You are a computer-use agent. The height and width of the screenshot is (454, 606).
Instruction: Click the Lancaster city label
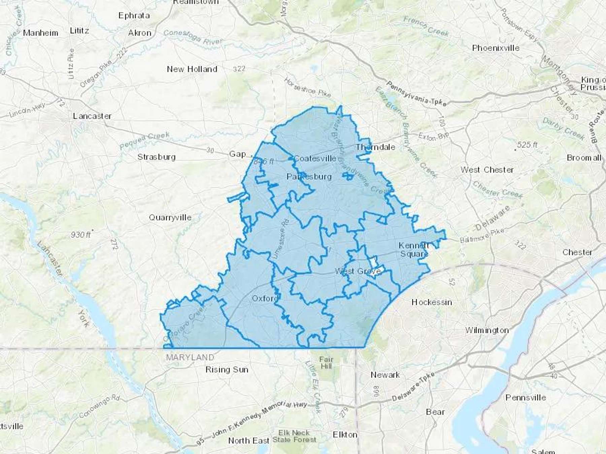pyautogui.click(x=92, y=116)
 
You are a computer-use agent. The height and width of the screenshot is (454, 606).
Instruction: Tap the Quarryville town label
pyautogui.click(x=170, y=218)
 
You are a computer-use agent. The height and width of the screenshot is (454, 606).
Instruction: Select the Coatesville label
pyautogui.click(x=315, y=158)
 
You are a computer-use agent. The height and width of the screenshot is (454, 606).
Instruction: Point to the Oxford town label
pyautogui.click(x=265, y=298)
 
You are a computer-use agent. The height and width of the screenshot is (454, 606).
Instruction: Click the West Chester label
pyautogui.click(x=487, y=170)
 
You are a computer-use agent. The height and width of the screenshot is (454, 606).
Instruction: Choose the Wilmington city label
pyautogui.click(x=487, y=330)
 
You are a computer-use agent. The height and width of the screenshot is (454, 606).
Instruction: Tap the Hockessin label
pyautogui.click(x=432, y=302)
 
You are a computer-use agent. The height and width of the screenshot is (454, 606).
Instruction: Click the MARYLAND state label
pyautogui.click(x=190, y=357)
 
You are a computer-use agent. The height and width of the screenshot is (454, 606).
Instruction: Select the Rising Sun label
pyautogui.click(x=227, y=370)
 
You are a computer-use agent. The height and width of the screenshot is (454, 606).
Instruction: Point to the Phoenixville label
pyautogui.click(x=496, y=48)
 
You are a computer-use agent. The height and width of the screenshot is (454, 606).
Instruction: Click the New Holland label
pyautogui.click(x=192, y=69)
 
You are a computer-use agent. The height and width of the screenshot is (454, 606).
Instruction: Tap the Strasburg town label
pyautogui.click(x=157, y=157)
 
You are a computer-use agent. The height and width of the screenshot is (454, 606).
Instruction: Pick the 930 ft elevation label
pyautogui.click(x=81, y=235)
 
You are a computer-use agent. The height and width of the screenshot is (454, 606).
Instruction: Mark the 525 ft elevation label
pyautogui.click(x=527, y=145)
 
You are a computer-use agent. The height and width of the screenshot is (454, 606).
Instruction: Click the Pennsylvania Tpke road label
pyautogui.click(x=416, y=93)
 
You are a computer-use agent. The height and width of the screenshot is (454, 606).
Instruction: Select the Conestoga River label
pyautogui.click(x=193, y=37)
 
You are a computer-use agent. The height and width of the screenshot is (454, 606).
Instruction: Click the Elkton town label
pyautogui.click(x=345, y=435)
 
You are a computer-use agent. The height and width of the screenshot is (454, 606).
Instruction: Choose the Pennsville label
pyautogui.click(x=525, y=398)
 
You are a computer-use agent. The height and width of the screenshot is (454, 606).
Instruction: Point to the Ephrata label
pyautogui.click(x=134, y=15)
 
